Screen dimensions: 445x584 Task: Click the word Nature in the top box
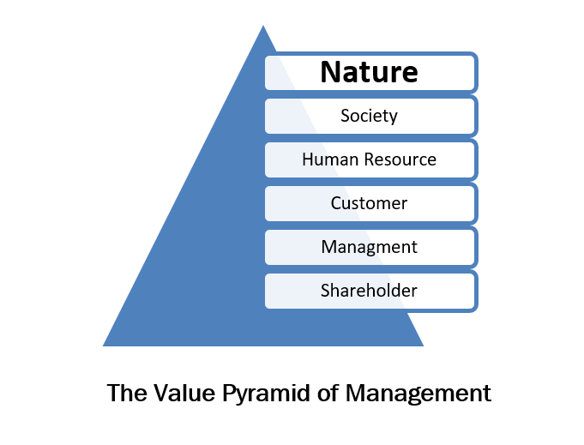tap(369, 72)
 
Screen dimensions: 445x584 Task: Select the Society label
tap(369, 115)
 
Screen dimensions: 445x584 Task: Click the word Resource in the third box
tap(398, 159)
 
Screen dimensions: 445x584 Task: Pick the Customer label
tap(369, 203)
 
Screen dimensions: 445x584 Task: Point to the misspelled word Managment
tap(369, 247)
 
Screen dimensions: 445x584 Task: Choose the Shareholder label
tap(369, 291)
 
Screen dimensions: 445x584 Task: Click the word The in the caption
tap(126, 393)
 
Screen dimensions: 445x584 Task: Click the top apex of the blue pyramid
tap(262, 26)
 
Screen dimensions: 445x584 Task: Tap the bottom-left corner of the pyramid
tap(104, 346)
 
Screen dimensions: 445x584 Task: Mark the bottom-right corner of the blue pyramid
tap(423, 346)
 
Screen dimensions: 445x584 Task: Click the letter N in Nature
tap(331, 72)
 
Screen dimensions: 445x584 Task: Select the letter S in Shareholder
tap(326, 291)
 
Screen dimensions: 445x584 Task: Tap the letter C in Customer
tap(336, 203)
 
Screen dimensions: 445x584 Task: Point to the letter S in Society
tap(345, 115)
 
